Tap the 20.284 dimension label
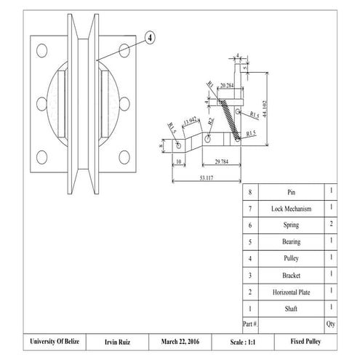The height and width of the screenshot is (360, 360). click(x=226, y=86)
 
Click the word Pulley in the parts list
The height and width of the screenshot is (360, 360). click(x=291, y=258)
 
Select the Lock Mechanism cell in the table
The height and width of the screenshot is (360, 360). click(x=291, y=209)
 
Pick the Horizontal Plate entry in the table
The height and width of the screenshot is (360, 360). click(x=291, y=292)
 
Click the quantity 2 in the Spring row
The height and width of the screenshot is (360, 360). click(x=331, y=225)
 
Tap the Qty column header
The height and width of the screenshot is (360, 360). click(x=331, y=323)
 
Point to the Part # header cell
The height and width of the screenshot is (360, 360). click(x=250, y=323)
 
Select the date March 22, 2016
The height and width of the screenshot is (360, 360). click(x=179, y=341)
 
